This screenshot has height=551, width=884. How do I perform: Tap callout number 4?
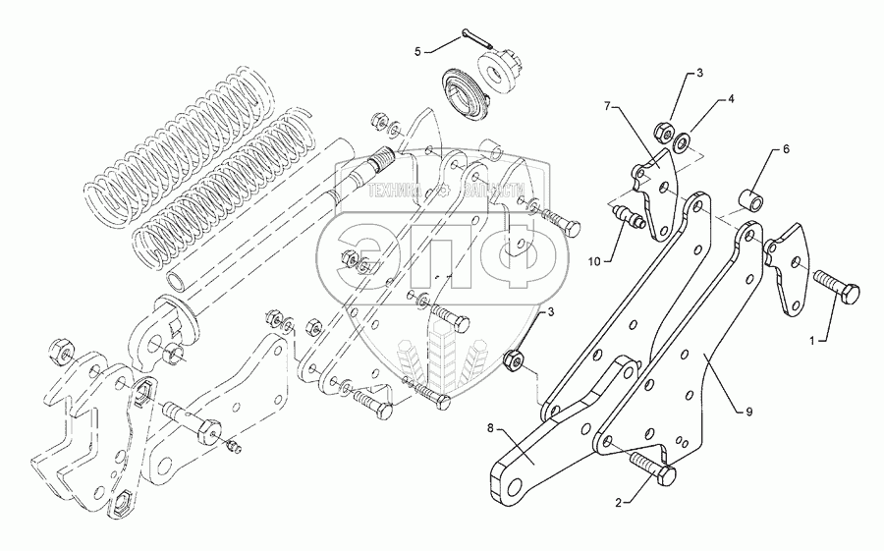click(730, 100)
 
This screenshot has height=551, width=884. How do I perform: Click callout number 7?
click(609, 104)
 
